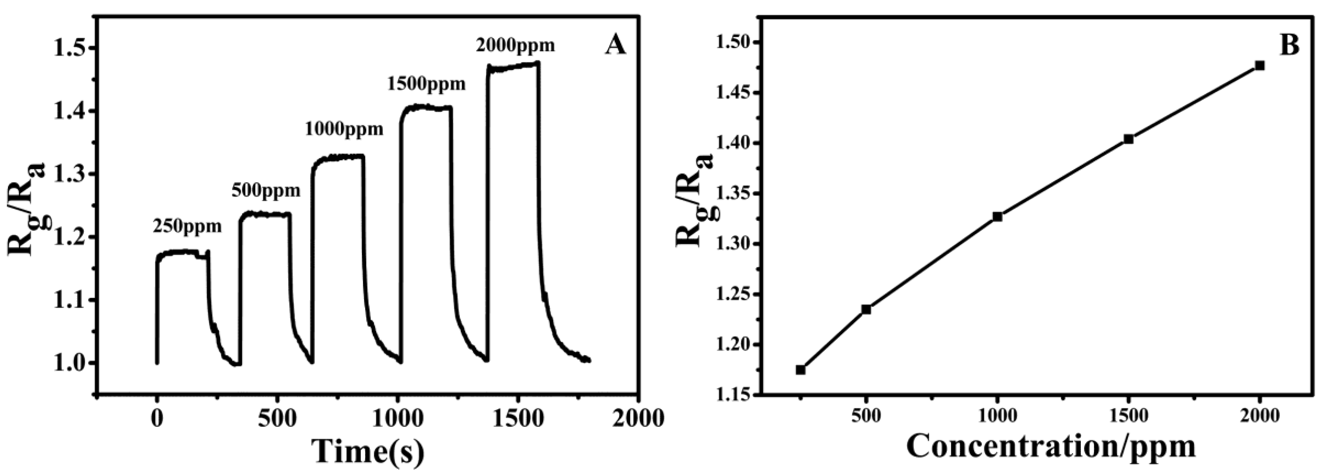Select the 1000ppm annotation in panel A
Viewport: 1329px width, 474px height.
344,129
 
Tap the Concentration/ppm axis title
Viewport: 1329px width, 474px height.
1051,447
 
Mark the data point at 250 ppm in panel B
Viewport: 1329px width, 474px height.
801,370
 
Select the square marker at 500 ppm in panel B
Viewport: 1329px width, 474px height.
866,309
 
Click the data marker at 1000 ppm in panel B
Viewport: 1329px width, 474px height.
997,217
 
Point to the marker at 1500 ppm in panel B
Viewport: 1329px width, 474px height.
1128,139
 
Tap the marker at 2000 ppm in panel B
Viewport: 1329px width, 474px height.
1260,66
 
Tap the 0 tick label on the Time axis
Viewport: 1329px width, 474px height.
157,419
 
